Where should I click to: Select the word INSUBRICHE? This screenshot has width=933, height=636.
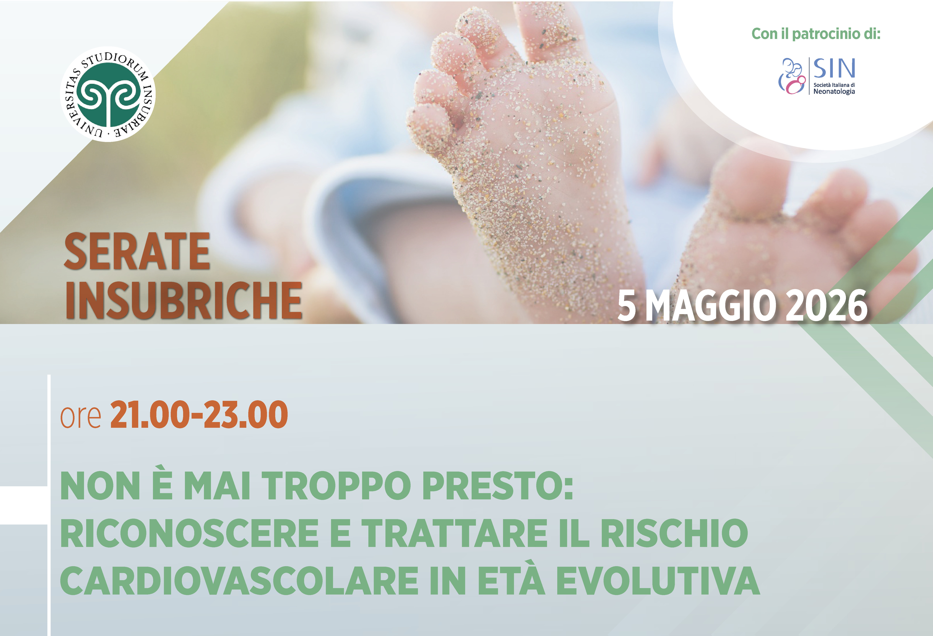(183, 300)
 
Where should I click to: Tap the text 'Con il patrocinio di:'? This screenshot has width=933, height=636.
(816, 34)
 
